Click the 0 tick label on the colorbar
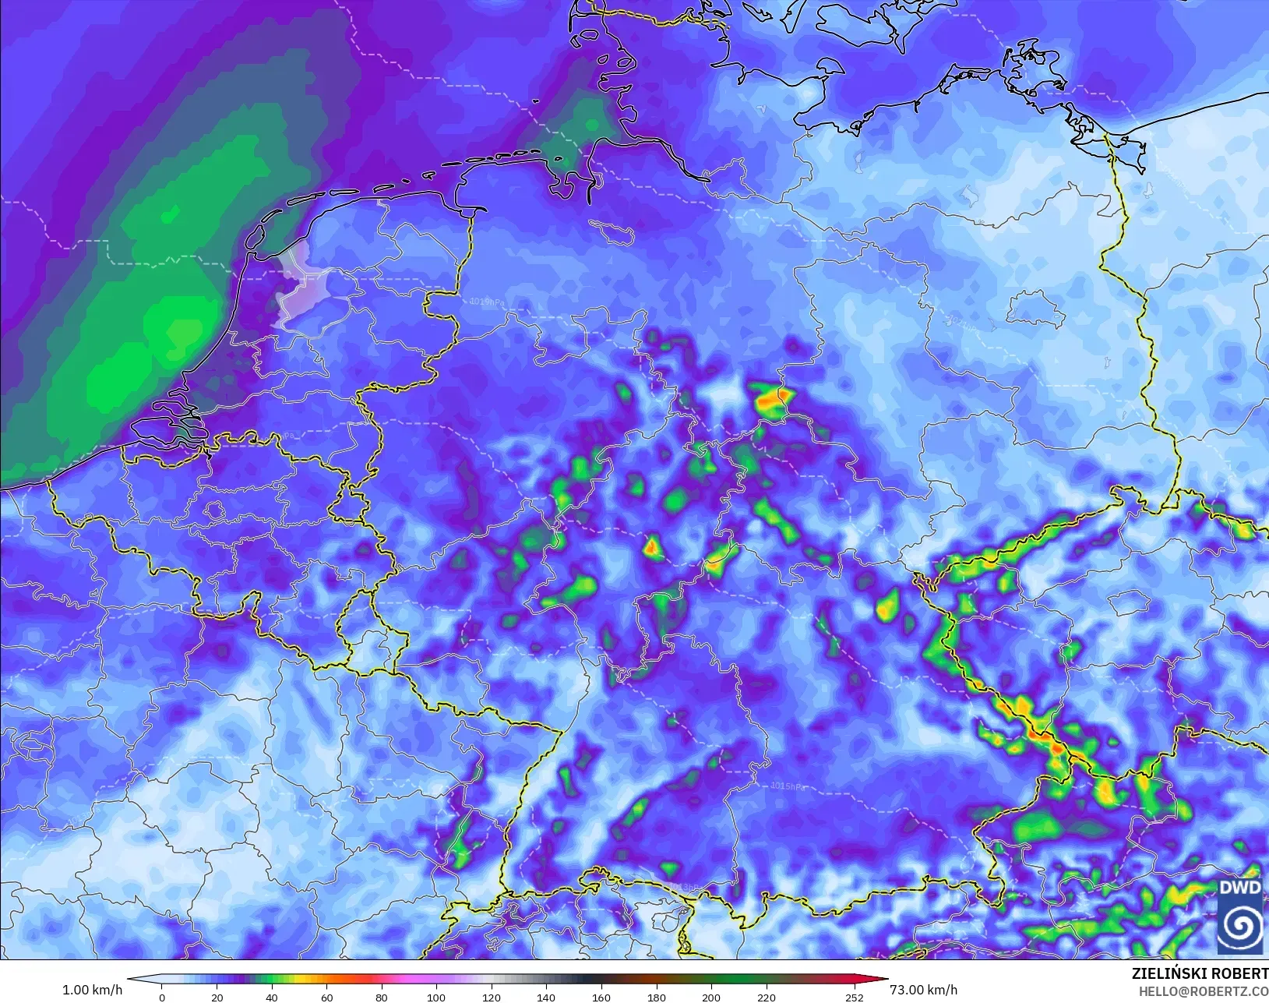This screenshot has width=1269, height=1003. (x=162, y=998)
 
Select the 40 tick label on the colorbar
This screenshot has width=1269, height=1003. (x=272, y=998)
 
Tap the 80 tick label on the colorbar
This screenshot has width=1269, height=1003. (x=382, y=998)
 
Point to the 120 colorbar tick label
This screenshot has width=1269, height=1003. (x=491, y=998)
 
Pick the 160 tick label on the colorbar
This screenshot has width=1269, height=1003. (x=601, y=998)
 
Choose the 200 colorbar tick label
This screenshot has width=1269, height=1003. (x=710, y=998)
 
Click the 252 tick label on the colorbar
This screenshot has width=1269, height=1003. (x=855, y=998)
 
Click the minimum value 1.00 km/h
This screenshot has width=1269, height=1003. (x=92, y=990)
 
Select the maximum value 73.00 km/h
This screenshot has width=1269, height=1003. (x=923, y=990)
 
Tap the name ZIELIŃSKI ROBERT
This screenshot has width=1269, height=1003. (x=1200, y=974)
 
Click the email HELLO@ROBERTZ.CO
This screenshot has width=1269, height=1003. (x=1204, y=991)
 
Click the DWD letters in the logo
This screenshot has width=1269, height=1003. (x=1240, y=888)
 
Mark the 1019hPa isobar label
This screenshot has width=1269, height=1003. (x=486, y=302)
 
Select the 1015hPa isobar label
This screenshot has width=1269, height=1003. (x=788, y=786)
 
